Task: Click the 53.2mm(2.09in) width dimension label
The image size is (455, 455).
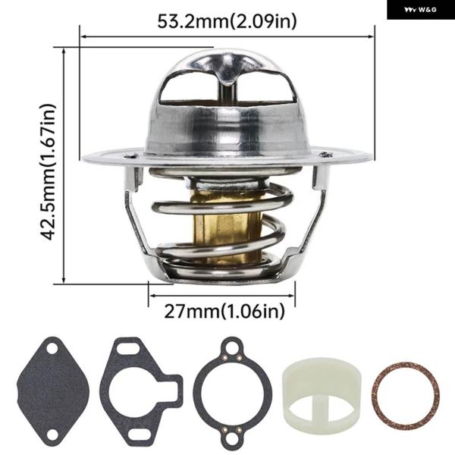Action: pos(227,21)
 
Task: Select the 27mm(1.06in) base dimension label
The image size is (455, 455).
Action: pos(224,312)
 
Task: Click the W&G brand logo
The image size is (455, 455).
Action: pos(420,10)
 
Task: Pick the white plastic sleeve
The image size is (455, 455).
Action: pos(322,391)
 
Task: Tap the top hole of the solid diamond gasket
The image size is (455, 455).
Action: pos(52,349)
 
